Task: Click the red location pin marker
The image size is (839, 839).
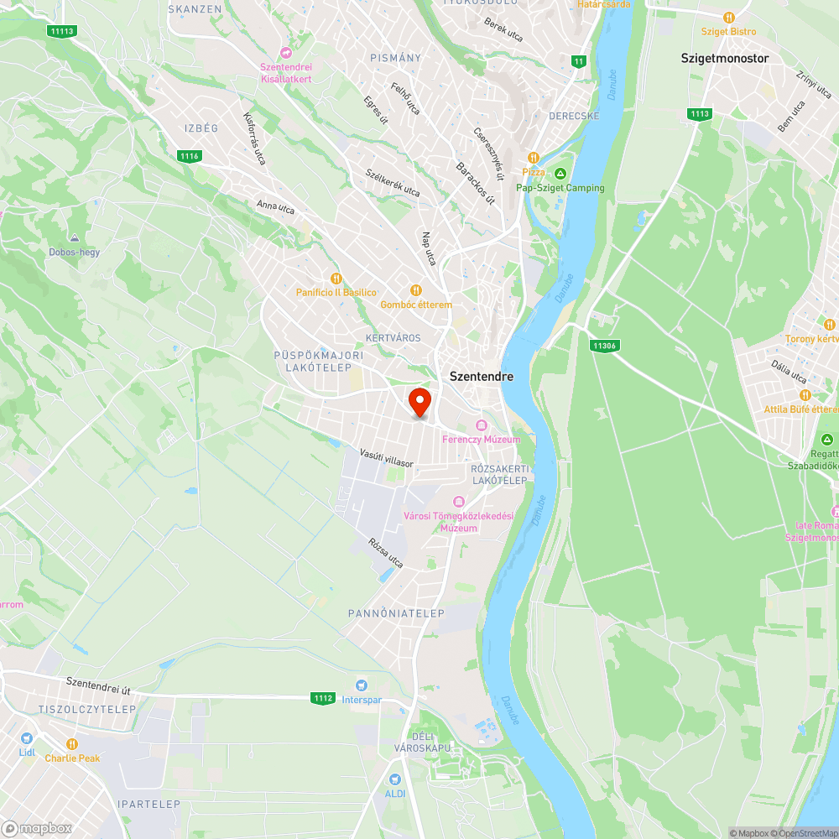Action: [x=419, y=401]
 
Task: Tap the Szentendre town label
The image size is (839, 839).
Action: [x=482, y=377]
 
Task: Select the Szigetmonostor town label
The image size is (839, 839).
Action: [x=724, y=59]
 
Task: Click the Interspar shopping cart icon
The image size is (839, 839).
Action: [x=362, y=685]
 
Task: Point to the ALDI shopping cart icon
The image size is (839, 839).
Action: [x=395, y=779]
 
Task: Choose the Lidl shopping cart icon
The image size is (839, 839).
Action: [x=27, y=738]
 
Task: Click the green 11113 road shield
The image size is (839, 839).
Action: [x=62, y=31]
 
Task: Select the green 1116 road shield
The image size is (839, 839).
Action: [x=190, y=156]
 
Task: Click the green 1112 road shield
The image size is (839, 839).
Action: [x=322, y=698]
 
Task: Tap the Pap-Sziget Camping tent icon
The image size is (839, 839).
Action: [x=560, y=174]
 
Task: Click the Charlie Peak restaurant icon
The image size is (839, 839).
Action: [x=72, y=743]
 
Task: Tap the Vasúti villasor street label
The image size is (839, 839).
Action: [x=387, y=456]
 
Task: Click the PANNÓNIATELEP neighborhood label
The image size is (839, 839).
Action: [x=396, y=614]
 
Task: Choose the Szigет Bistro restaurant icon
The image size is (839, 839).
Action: [x=729, y=17]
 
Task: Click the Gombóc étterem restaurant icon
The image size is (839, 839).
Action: [x=415, y=290]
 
